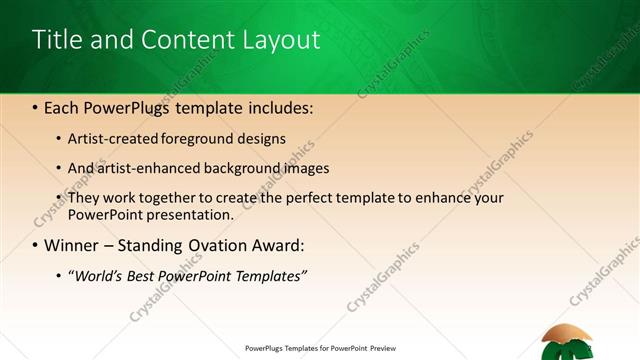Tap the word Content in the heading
coord(186,40)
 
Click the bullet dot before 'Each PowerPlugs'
coord(36,105)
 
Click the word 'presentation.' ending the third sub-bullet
coord(189,214)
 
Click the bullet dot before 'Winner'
coord(36,245)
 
